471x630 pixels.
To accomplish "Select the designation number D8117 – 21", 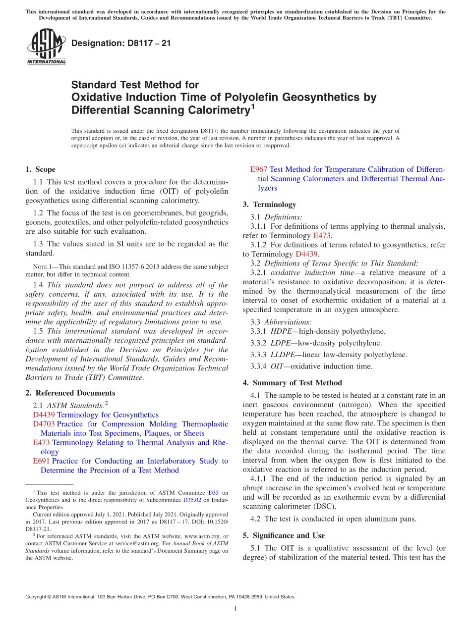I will point(121,43).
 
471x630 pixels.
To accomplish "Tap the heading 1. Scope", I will point(40,169).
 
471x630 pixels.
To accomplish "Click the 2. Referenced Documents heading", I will point(70,393).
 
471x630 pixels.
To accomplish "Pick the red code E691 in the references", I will point(41,461).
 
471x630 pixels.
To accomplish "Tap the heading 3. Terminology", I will point(269,205).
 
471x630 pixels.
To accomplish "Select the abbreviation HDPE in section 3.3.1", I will point(281,331).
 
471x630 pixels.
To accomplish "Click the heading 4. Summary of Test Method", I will point(292,383).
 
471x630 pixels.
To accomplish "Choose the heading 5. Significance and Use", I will point(284,535).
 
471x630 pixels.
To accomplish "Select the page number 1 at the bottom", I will point(235,608).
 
